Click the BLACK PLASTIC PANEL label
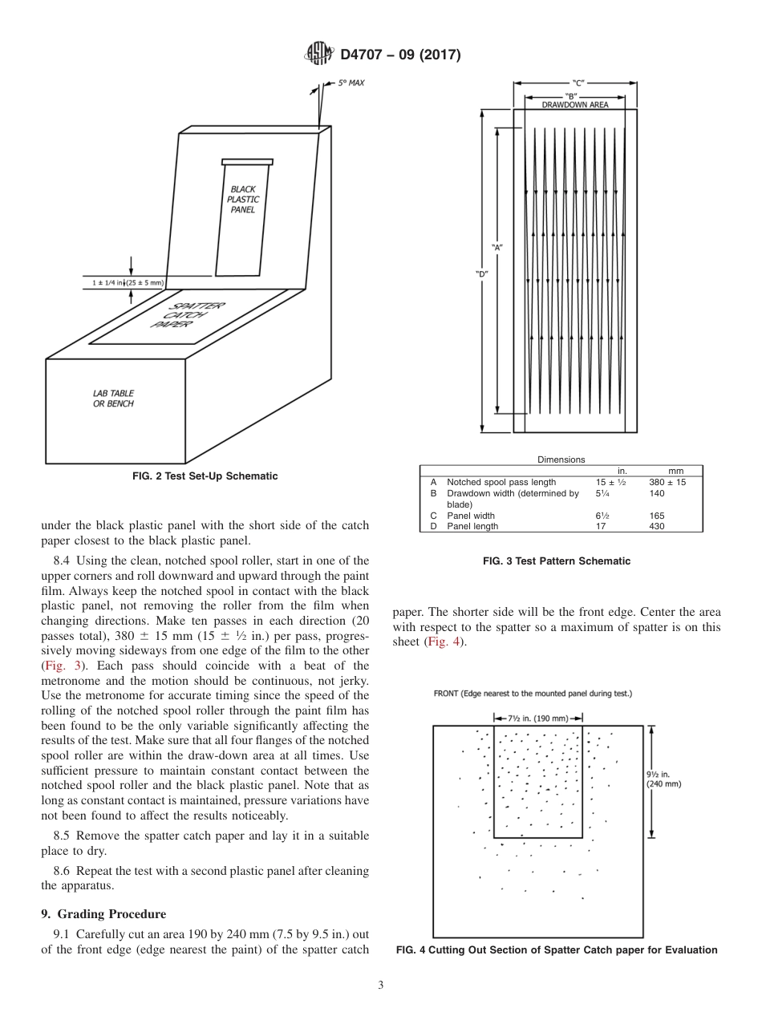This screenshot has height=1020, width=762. (242, 200)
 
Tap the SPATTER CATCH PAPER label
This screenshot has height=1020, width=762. (189, 315)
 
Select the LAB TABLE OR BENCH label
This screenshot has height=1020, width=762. (113, 399)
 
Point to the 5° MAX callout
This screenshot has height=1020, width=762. (351, 83)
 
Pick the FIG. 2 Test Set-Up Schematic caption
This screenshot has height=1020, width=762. (205, 476)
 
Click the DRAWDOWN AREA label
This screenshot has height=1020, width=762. (574, 104)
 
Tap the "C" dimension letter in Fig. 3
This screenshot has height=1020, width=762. (578, 83)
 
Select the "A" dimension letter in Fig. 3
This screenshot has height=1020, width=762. (497, 247)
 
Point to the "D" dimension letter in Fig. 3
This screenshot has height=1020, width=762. (481, 273)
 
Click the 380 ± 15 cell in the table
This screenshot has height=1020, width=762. (667, 482)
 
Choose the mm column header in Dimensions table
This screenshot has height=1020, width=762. (675, 471)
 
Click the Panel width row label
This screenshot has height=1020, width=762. (470, 516)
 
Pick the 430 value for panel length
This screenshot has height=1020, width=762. (658, 526)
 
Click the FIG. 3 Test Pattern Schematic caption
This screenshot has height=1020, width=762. (556, 561)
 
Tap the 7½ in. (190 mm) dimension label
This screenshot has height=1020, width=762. (537, 718)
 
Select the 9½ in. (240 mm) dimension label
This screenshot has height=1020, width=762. (664, 779)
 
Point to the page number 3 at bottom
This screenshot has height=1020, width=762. (380, 986)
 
